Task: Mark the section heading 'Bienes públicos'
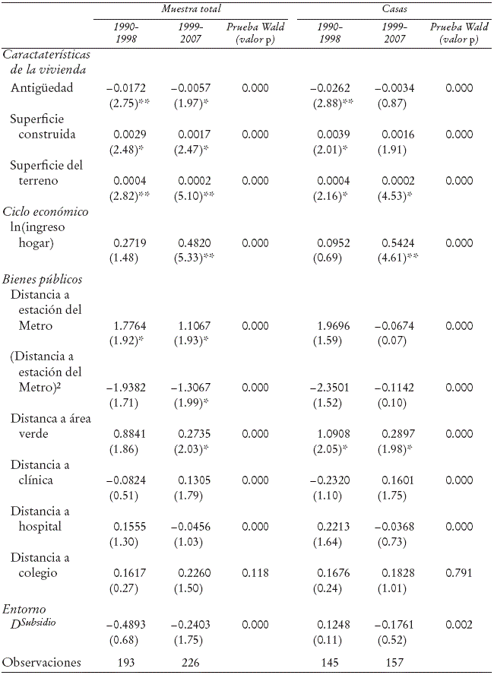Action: coord(42,279)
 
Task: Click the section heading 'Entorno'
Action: coord(24,610)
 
